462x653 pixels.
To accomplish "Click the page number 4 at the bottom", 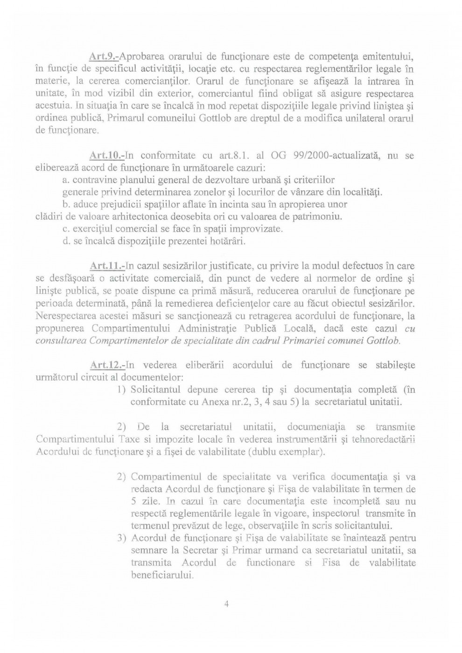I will (227, 604).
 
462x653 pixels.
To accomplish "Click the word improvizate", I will (256, 229).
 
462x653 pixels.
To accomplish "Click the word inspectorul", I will (333, 514).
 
